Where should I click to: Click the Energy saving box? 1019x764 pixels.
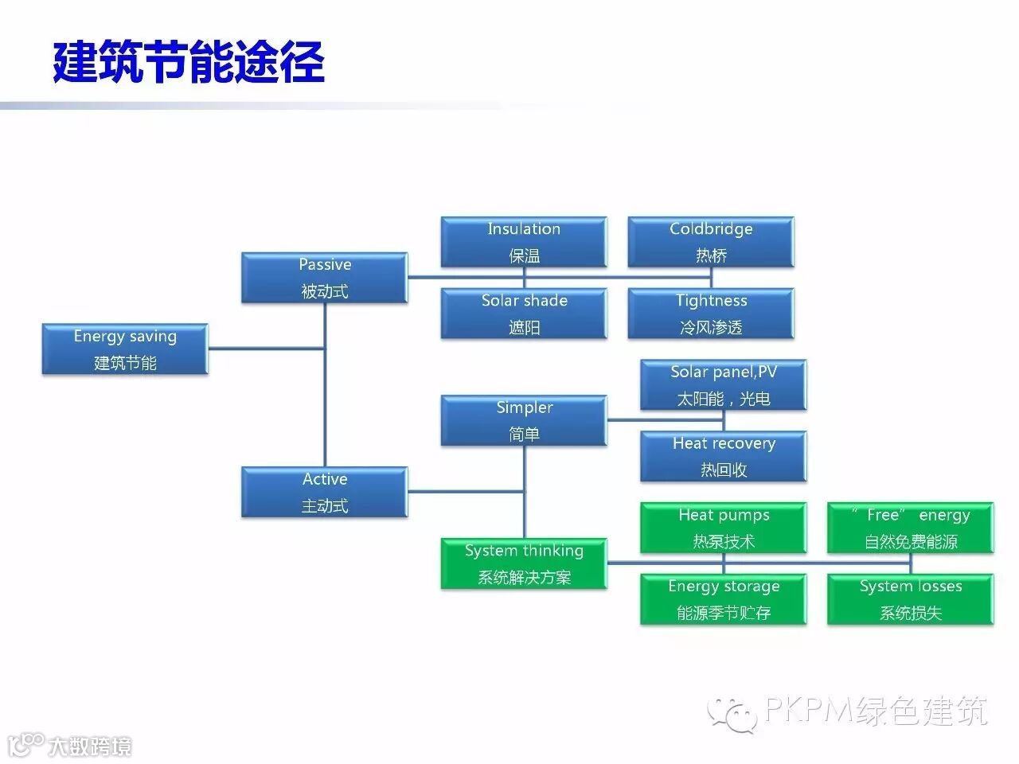coord(125,349)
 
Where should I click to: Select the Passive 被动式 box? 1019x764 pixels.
coord(325,278)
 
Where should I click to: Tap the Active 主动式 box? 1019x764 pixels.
coord(325,493)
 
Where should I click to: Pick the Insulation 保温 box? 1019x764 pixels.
coord(524,242)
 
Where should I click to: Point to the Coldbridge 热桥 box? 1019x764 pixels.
coord(711,242)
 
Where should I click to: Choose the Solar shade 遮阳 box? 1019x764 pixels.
coord(524,314)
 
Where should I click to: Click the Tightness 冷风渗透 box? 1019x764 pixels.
coord(711,314)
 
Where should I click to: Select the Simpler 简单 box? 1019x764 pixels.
coord(524,420)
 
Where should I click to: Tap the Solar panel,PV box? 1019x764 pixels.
coord(723,385)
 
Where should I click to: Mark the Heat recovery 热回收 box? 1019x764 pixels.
coord(723,456)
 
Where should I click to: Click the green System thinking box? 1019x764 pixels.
coord(524,563)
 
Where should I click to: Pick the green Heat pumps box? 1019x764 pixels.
coord(723,528)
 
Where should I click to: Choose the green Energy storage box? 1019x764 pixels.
coord(723,599)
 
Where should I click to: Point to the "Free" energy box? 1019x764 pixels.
coord(910,528)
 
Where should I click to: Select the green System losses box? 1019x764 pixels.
coord(910,599)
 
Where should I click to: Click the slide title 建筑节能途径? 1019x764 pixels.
coord(189,61)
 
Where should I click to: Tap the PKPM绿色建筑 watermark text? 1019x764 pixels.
coord(876,710)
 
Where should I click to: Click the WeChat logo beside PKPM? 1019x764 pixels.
coord(732,712)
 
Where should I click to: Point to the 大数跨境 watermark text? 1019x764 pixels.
coord(89,746)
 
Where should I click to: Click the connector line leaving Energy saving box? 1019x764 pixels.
coord(267,348)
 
